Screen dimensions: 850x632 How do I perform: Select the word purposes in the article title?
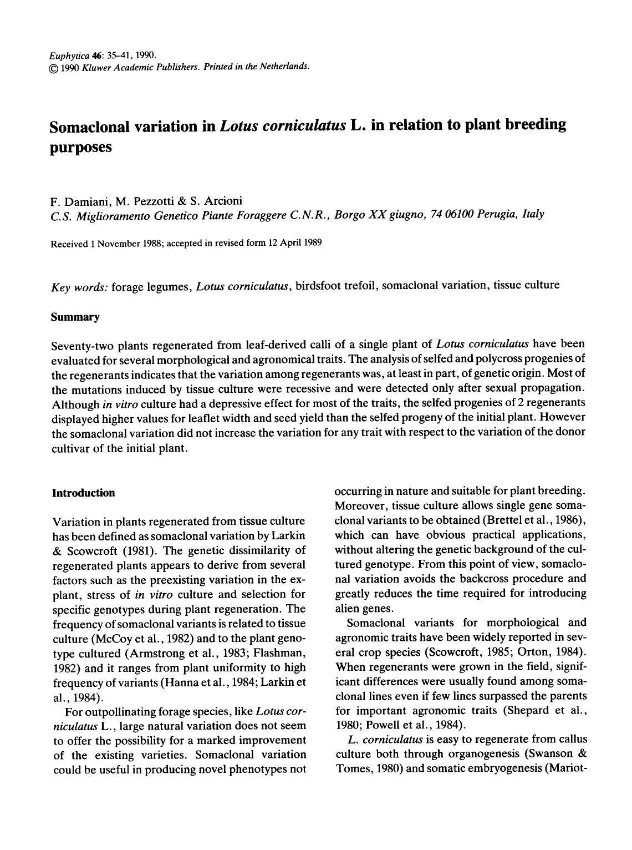81,148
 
